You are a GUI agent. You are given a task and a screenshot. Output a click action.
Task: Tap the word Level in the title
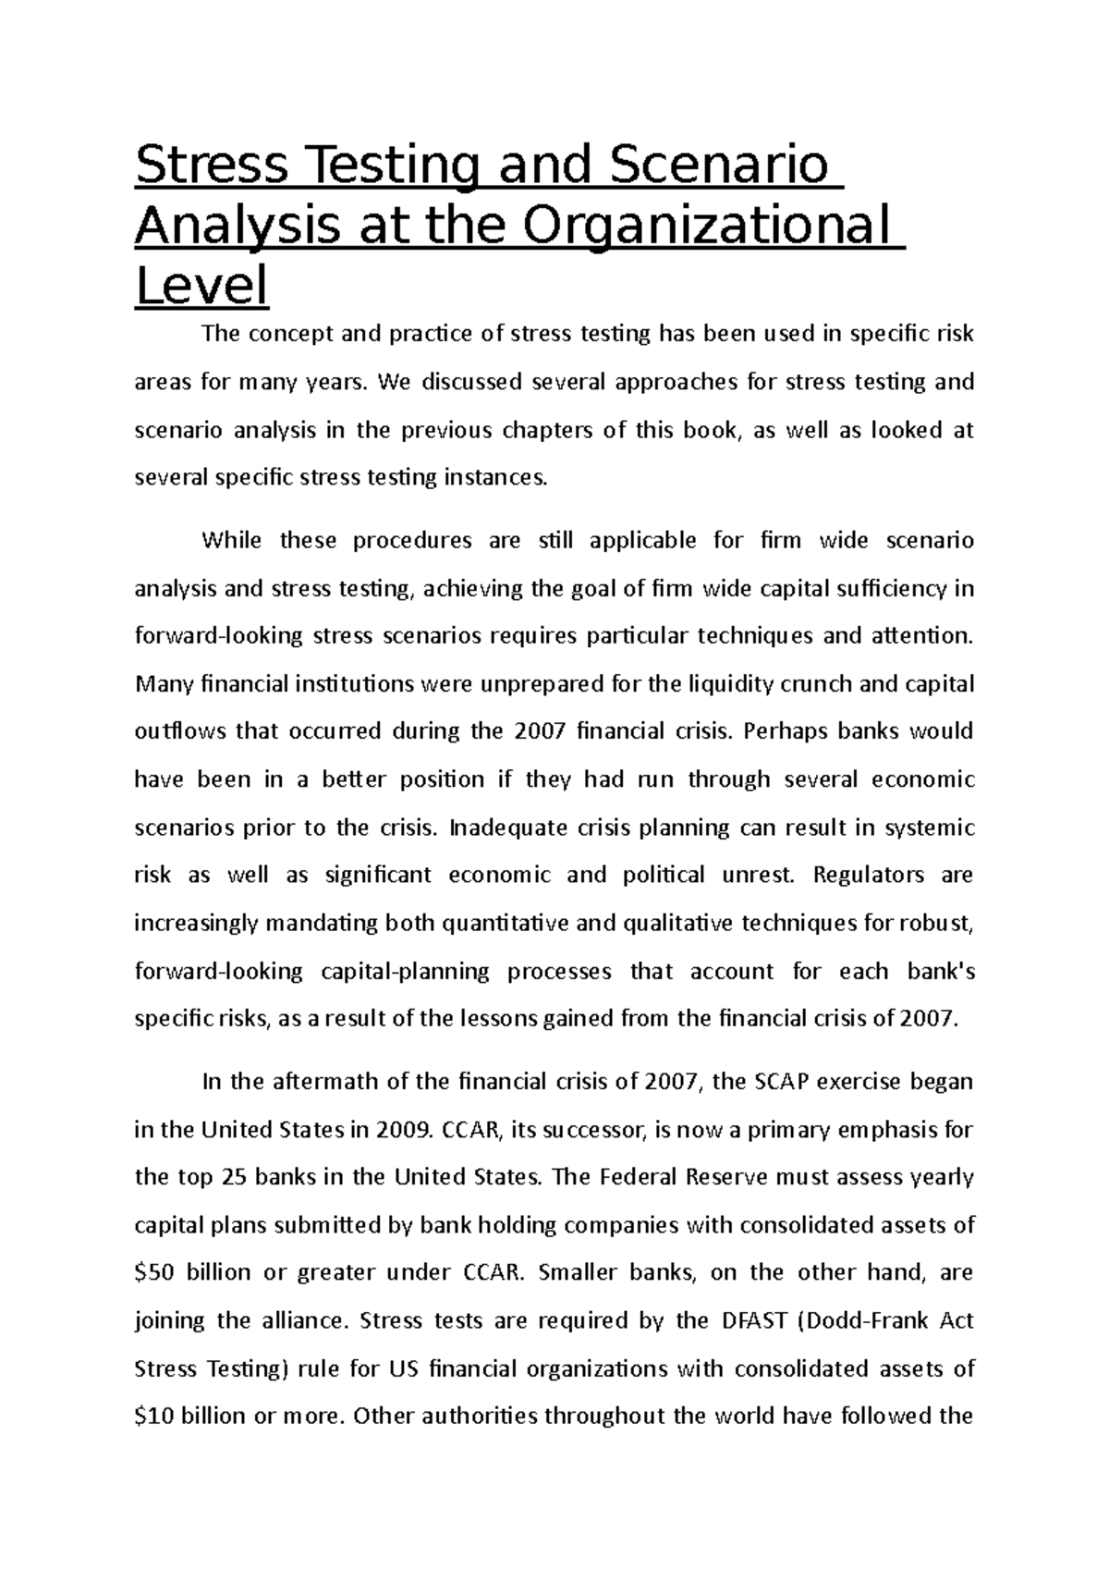[x=201, y=287]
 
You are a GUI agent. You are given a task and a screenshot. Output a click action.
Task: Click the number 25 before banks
[x=232, y=1177]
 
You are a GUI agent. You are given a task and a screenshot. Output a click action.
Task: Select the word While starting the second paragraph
[x=232, y=540]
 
